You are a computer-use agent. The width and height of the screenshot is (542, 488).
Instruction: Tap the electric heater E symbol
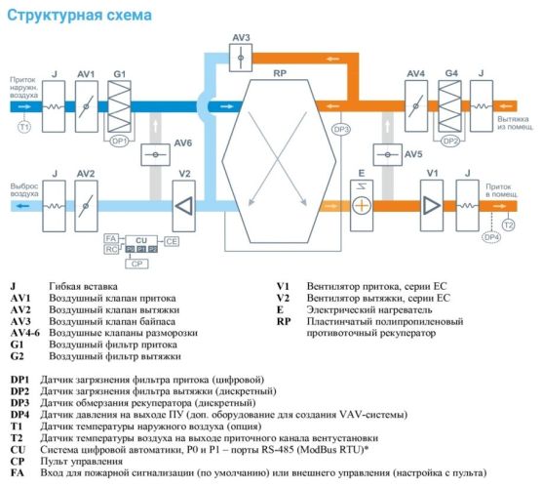(x=362, y=205)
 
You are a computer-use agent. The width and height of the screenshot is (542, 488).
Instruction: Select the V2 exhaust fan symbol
(x=183, y=205)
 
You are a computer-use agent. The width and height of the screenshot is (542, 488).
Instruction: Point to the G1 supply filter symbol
(x=119, y=103)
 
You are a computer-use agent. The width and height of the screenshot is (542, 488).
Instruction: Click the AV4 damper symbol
(x=416, y=103)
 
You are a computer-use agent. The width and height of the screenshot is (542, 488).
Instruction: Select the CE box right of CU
(x=171, y=239)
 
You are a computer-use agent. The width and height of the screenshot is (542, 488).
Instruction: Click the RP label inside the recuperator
(x=279, y=72)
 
